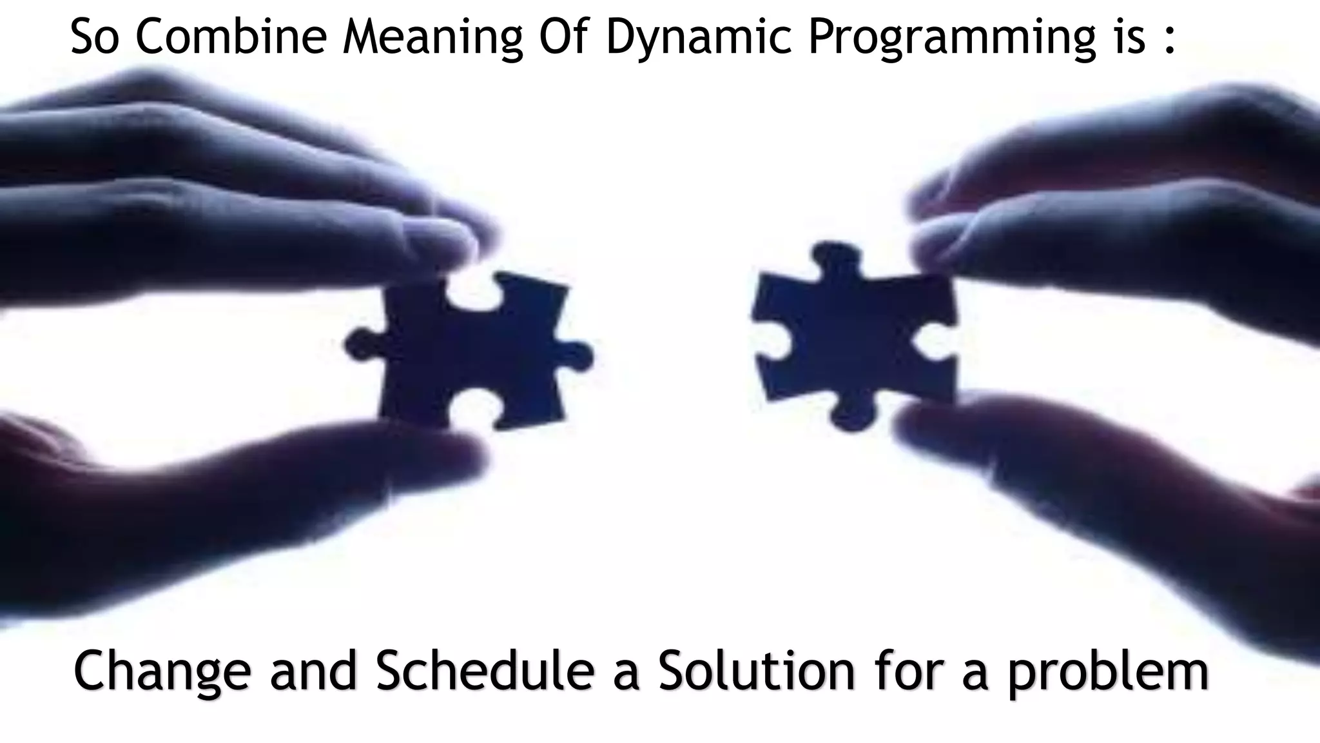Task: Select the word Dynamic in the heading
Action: click(x=698, y=37)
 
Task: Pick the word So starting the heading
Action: click(x=97, y=37)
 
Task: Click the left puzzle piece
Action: click(x=471, y=352)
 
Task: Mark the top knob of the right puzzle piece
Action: click(x=835, y=258)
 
